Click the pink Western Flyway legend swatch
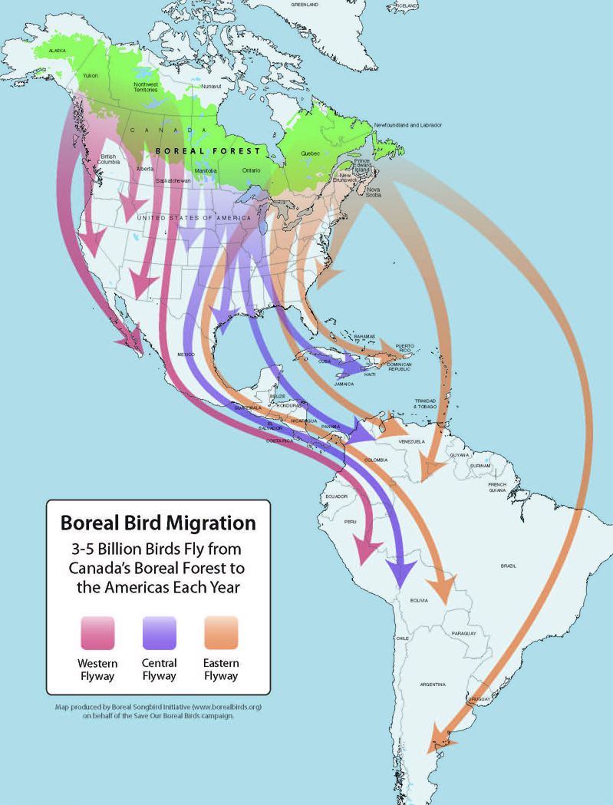coord(97,633)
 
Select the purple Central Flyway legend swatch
coord(159,633)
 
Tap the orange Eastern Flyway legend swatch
coord(221,633)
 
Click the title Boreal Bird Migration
coord(158,523)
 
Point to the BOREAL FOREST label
coord(207,151)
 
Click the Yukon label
coord(90,75)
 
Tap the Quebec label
coord(311,153)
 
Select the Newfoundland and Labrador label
coord(407,125)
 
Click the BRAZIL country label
coord(508,566)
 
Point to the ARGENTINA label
coord(433,684)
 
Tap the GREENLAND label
coord(305,5)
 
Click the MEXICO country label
coord(186,355)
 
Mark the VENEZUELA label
coord(411,442)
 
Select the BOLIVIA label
coord(419,600)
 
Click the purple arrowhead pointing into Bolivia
coord(401,572)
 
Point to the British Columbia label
coord(109,159)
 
